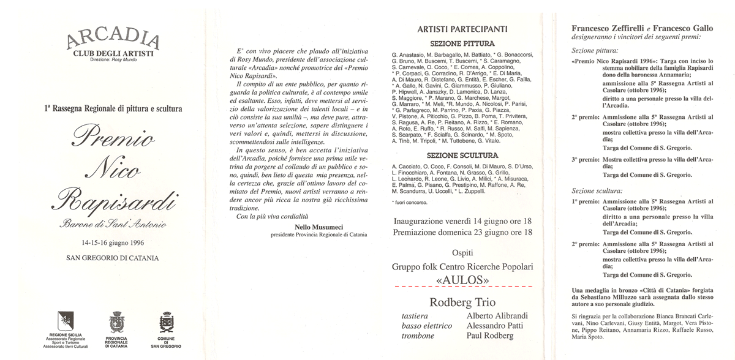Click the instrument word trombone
pos(418,336)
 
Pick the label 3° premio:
pos(584,159)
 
